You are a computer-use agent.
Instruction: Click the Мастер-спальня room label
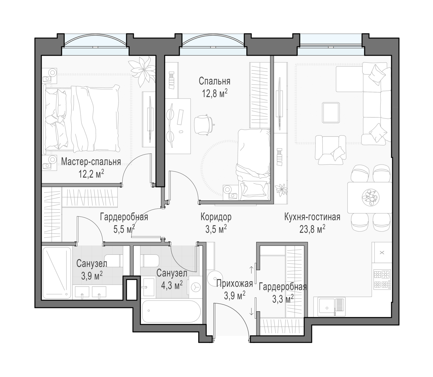point(91,162)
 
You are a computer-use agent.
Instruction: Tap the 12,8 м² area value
point(214,93)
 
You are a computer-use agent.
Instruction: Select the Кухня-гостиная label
point(312,217)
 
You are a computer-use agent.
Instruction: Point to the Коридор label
point(216,217)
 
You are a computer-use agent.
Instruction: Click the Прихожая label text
point(235,284)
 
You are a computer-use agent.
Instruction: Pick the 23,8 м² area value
point(312,229)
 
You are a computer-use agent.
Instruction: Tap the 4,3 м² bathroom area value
point(172,286)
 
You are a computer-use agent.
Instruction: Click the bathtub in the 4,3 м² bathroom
point(171,311)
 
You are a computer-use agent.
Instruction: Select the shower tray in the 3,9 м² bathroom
point(57,273)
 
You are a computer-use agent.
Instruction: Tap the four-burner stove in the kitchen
point(382,279)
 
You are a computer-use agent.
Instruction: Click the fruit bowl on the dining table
point(371,197)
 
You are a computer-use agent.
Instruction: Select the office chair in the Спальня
point(204,124)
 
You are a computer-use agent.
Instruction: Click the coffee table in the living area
point(331,112)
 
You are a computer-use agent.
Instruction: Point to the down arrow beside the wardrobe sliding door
point(251,312)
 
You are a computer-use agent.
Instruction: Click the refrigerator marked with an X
point(382,252)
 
